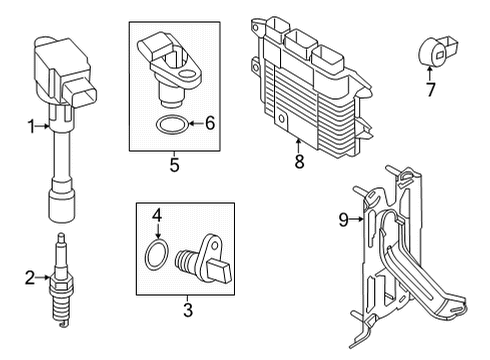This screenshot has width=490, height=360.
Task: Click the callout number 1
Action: pos(30,126)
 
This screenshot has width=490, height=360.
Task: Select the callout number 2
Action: pos(30,277)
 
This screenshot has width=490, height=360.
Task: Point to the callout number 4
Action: pos(156,215)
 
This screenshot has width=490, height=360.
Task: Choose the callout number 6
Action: pos(209,123)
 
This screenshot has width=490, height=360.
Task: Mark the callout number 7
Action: pos(430,90)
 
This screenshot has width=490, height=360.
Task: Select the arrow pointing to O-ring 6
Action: pos(195,124)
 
